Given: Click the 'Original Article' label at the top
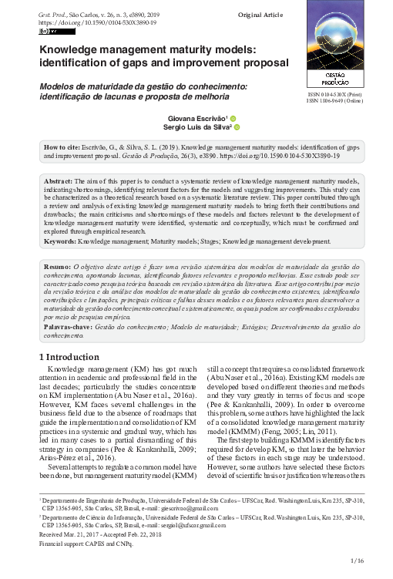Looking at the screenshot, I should (261, 15).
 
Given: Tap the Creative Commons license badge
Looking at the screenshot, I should (57, 32).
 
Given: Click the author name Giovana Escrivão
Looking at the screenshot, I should (193, 119).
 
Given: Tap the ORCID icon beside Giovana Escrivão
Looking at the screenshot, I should (233, 119).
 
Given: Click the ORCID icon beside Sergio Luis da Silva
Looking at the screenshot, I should (237, 128).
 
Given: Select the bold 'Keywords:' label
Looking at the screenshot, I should (60, 241).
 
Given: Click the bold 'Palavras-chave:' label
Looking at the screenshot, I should (67, 328).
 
